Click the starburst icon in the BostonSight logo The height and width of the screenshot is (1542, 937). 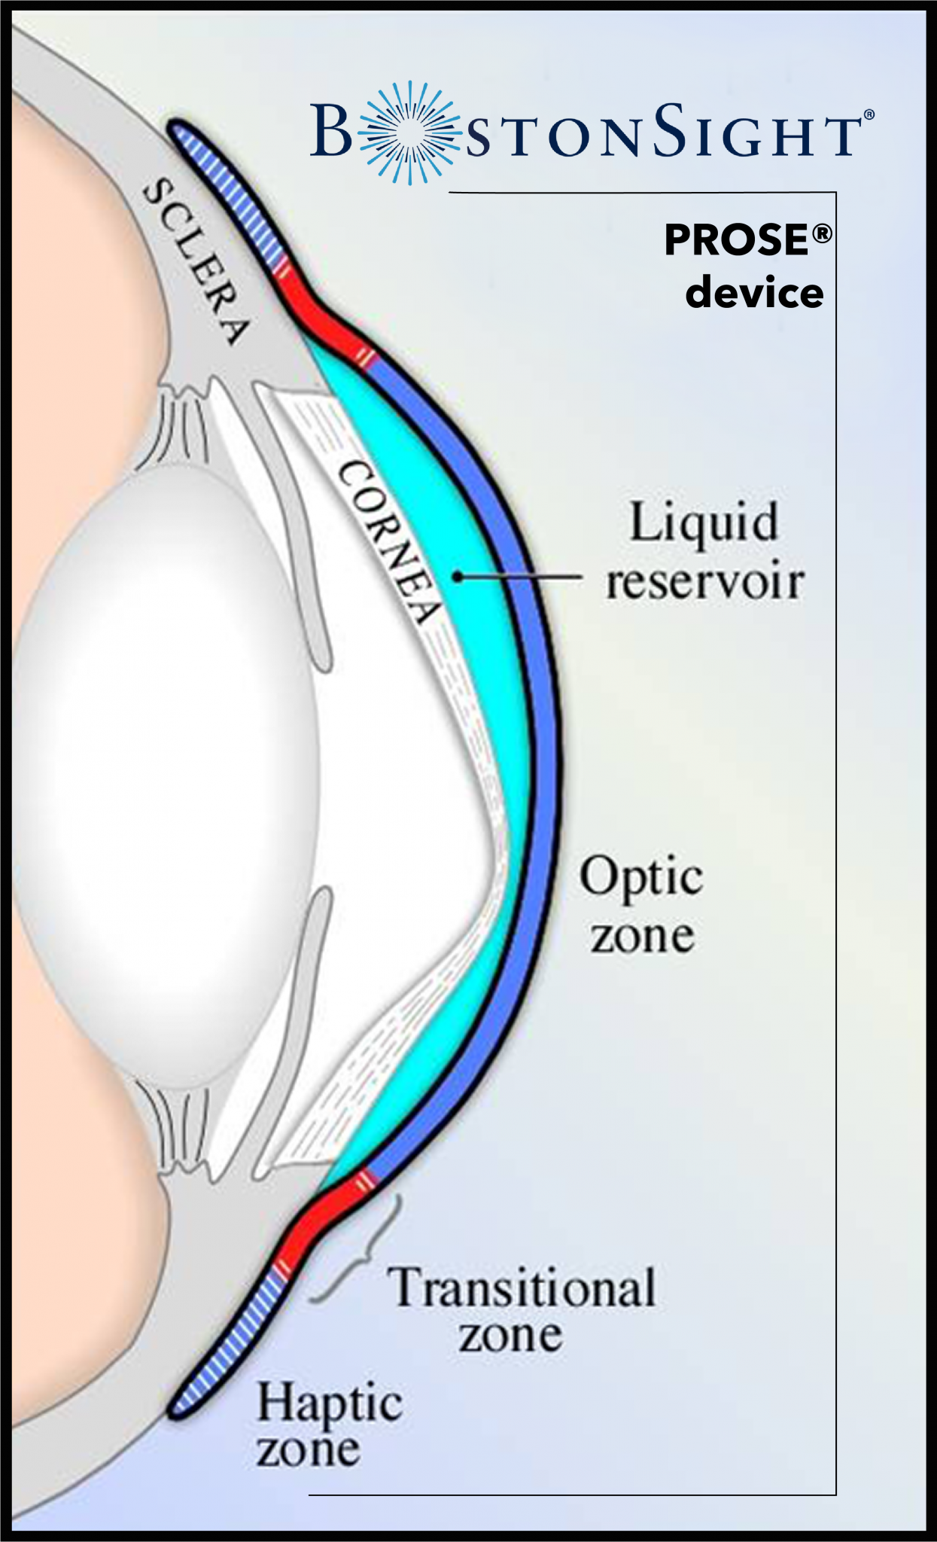tap(409, 133)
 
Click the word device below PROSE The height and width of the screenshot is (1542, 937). tap(754, 292)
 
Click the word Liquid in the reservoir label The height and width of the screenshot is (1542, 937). tap(703, 523)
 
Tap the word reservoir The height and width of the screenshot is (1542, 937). tap(705, 582)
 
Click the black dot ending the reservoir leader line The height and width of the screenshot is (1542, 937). tap(457, 577)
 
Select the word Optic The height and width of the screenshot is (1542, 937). tap(641, 878)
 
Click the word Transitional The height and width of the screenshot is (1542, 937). tap(522, 1288)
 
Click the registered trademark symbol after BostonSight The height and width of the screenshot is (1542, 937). tap(869, 114)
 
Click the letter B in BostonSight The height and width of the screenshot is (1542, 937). tap(331, 131)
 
